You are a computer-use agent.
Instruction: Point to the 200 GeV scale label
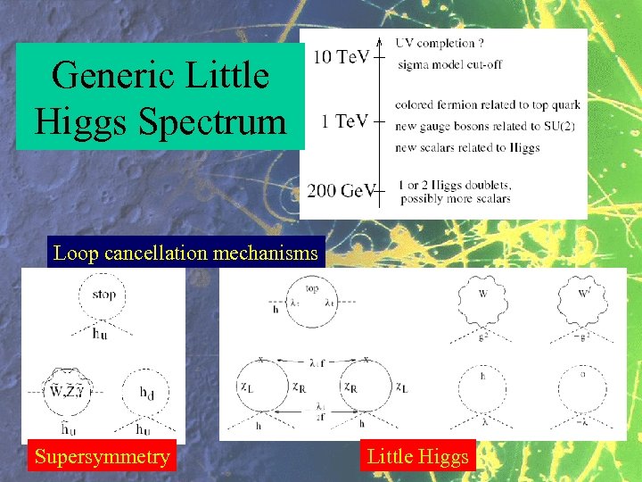(341, 190)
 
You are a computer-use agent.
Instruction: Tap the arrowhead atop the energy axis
(381, 41)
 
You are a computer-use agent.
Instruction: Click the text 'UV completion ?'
(440, 42)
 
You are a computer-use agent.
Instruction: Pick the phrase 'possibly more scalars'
(455, 198)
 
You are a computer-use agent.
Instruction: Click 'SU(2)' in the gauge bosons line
(556, 126)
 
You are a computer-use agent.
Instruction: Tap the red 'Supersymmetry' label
(102, 457)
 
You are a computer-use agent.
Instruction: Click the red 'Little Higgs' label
(417, 457)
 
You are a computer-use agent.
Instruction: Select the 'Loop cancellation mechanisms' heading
(185, 253)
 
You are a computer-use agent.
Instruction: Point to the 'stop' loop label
(104, 294)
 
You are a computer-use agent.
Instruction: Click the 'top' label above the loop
(312, 289)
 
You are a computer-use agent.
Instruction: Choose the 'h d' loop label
(147, 391)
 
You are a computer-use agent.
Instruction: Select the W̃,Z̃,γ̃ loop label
(68, 391)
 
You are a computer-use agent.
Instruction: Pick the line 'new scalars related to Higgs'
(467, 147)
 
